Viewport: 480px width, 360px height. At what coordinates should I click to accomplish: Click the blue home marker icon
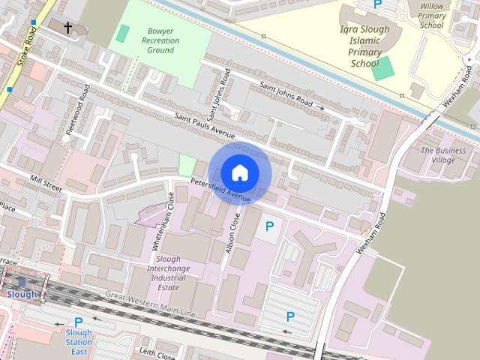click(239, 172)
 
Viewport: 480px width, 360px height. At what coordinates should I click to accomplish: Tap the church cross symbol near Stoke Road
click(68, 28)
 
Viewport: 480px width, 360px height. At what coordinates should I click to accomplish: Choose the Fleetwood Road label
click(77, 109)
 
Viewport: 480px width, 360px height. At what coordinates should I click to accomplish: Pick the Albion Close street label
click(232, 233)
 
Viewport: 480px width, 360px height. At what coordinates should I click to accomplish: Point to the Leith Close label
click(157, 351)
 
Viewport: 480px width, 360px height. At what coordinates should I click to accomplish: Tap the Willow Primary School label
click(432, 14)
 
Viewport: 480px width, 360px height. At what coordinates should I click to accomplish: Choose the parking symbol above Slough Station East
click(78, 322)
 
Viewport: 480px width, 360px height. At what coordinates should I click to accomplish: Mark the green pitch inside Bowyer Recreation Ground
click(121, 33)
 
